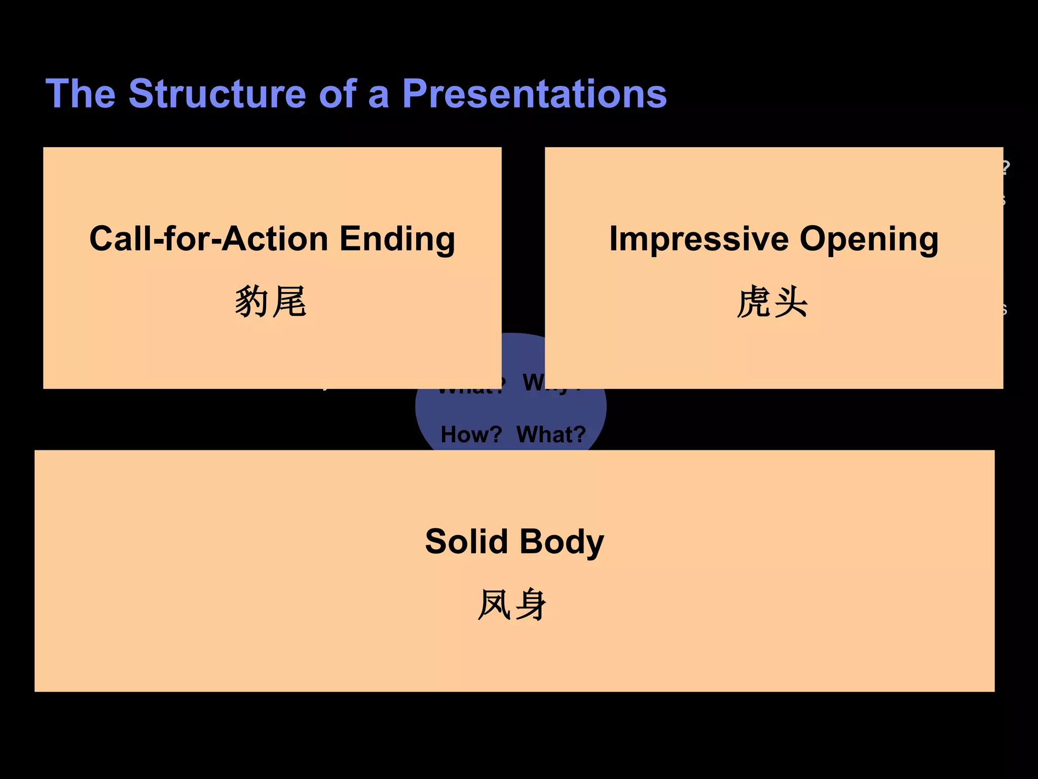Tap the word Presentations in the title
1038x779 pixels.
tap(534, 94)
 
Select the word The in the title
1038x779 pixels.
tap(81, 94)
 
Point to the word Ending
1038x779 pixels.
tap(397, 239)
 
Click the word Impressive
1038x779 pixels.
tap(699, 238)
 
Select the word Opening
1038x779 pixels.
tap(869, 239)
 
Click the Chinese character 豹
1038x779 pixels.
tap(252, 301)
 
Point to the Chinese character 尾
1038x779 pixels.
tap(289, 301)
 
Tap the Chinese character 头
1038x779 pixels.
tap(791, 301)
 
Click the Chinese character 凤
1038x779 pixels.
tap(495, 604)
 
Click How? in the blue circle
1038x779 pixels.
tap(471, 434)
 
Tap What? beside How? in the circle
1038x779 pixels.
tap(551, 434)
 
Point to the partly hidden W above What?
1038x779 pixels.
tap(533, 382)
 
